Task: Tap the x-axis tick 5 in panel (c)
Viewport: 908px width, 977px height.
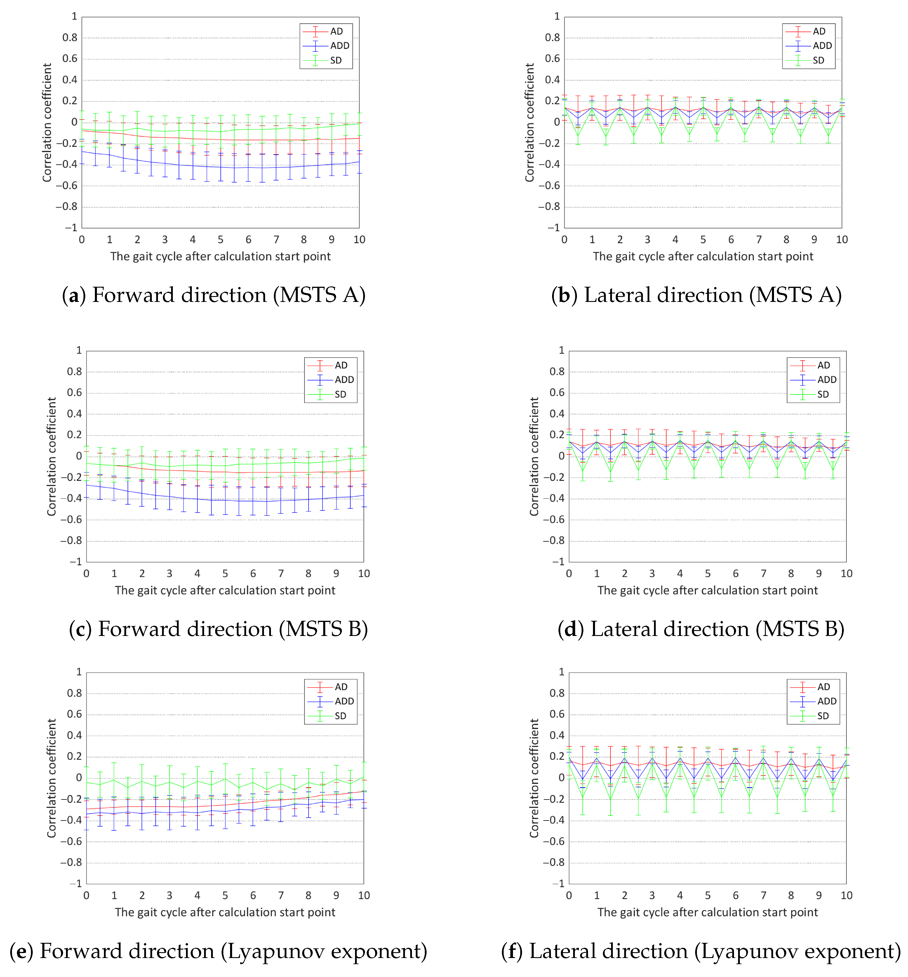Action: pos(225,573)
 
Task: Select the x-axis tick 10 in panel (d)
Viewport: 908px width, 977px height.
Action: pos(846,573)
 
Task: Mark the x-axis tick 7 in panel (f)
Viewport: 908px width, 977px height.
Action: pos(763,896)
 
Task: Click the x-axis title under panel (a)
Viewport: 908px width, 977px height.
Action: pos(220,257)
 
